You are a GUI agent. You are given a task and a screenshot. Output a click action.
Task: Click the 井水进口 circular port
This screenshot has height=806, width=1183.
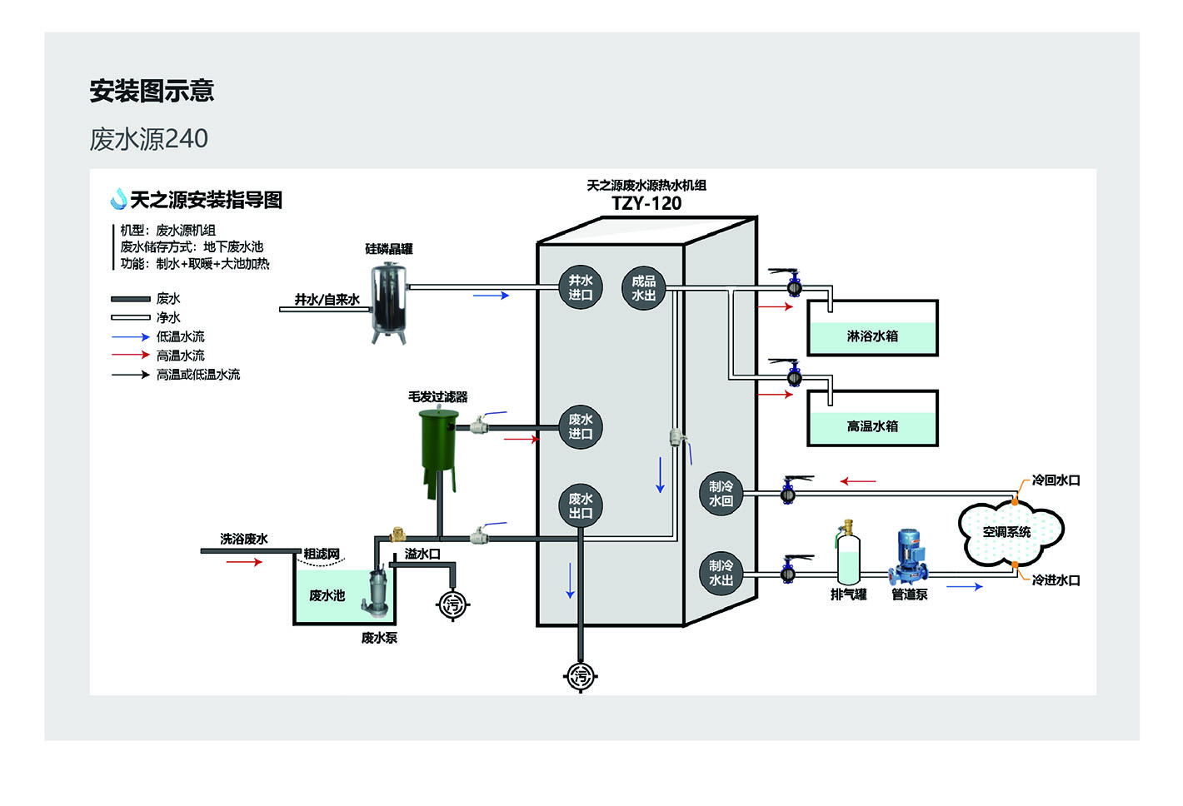click(x=580, y=287)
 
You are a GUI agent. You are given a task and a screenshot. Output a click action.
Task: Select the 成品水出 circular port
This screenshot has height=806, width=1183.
click(x=643, y=288)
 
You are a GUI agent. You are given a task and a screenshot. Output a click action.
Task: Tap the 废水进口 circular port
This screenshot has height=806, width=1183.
click(x=580, y=427)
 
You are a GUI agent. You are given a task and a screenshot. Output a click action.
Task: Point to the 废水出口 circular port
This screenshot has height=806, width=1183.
click(x=580, y=505)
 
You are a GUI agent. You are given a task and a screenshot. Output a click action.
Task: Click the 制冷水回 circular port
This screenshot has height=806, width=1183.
click(x=721, y=494)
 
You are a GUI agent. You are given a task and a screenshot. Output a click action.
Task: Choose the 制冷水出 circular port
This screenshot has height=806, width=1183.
click(x=721, y=574)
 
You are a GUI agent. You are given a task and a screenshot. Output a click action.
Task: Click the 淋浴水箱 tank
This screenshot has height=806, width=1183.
click(x=872, y=328)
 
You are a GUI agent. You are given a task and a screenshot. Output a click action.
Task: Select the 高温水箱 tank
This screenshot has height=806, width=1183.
click(x=872, y=418)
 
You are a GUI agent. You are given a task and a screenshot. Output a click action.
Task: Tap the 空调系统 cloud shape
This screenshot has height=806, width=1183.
click(x=1011, y=531)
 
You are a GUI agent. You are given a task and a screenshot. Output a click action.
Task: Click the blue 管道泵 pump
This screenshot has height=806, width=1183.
click(x=909, y=557)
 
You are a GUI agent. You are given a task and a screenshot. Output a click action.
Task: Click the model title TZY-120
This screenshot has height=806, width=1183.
click(x=646, y=203)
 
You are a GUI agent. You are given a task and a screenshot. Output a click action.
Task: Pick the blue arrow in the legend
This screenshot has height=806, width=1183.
click(x=131, y=337)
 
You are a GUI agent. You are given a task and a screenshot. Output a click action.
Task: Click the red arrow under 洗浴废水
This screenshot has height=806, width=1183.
click(x=244, y=562)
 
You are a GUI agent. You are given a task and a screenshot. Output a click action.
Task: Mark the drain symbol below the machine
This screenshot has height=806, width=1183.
click(x=580, y=675)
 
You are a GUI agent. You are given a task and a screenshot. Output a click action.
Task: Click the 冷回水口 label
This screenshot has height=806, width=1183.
click(x=1056, y=480)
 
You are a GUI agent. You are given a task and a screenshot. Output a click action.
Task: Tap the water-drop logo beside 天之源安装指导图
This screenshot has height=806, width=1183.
click(x=118, y=199)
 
